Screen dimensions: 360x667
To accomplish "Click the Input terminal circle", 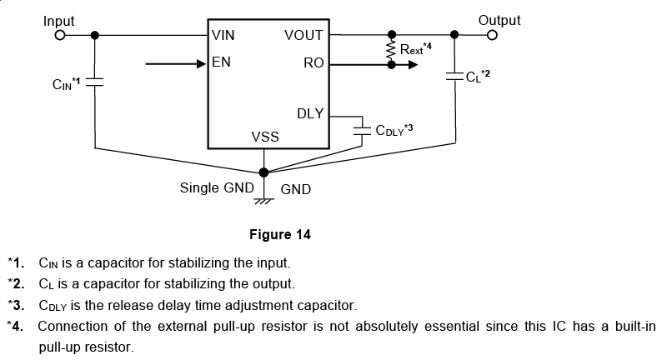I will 59,35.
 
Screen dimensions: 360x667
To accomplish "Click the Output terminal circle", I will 493,35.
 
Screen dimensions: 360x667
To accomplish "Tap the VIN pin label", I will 223,36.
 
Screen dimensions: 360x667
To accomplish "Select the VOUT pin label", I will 304,36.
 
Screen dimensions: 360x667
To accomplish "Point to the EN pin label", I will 221,62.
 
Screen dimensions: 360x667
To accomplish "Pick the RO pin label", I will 313,62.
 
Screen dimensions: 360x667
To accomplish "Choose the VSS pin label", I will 265,137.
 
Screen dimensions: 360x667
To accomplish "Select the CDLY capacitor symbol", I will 362,130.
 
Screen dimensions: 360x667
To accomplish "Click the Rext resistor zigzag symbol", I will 389,50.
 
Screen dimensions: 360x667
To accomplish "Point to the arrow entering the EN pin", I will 175,62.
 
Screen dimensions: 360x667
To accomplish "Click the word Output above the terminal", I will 499,20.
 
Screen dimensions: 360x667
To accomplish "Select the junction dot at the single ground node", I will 264,172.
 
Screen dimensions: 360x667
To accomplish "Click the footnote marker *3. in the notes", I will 18,305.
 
